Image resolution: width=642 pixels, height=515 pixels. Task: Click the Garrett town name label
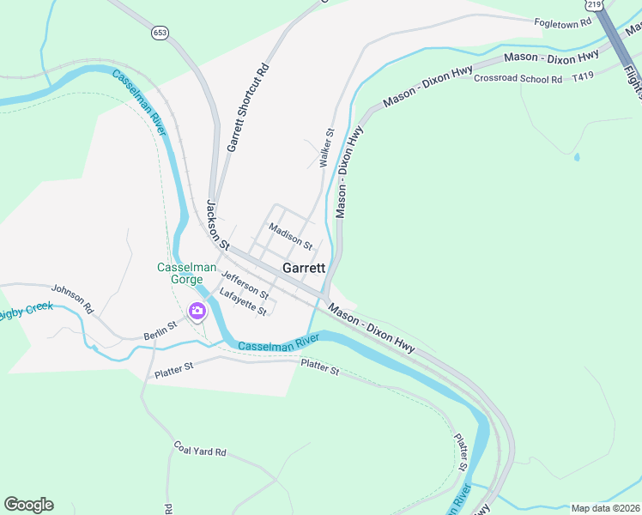click(x=305, y=268)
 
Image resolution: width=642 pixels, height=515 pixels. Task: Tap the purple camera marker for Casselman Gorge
click(x=197, y=311)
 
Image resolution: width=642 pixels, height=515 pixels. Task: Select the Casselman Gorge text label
click(x=180, y=273)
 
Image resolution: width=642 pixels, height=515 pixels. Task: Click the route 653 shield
click(x=160, y=32)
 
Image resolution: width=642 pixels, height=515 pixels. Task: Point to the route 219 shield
click(x=607, y=4)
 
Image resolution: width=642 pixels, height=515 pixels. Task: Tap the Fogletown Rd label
click(x=563, y=23)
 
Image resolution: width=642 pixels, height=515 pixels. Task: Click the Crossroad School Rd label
click(x=518, y=79)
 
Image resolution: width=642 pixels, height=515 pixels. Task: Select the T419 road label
click(x=583, y=76)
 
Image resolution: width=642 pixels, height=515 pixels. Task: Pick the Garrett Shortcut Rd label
click(x=248, y=108)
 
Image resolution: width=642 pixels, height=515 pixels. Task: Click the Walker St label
click(x=325, y=148)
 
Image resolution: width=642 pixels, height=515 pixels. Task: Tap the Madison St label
click(x=289, y=233)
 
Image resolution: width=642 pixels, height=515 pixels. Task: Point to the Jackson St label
click(x=218, y=225)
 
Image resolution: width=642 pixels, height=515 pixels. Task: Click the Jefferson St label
click(x=245, y=284)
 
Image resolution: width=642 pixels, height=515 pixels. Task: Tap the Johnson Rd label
click(x=71, y=297)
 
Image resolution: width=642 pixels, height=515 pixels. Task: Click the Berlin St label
click(x=160, y=330)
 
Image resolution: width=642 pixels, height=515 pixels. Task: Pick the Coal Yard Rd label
click(x=199, y=451)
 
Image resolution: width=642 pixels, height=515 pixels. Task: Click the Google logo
click(x=28, y=505)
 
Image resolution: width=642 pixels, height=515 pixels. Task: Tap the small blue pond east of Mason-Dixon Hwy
click(x=576, y=157)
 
